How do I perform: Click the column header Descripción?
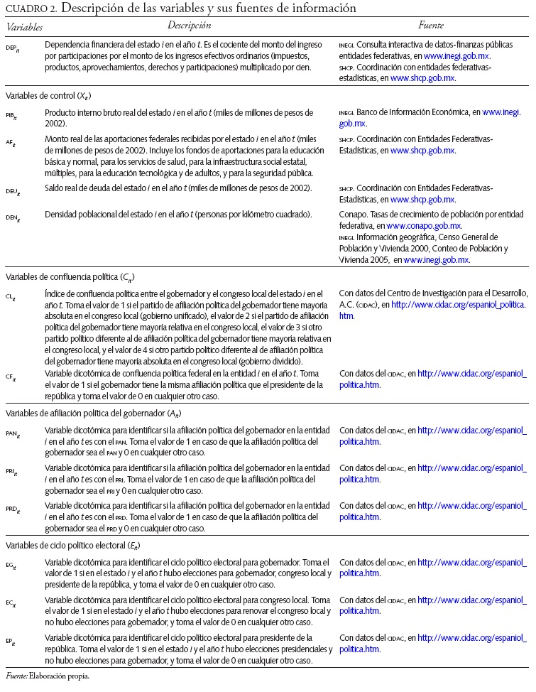[190, 26]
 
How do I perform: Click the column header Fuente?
[431, 26]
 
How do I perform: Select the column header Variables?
[24, 27]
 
